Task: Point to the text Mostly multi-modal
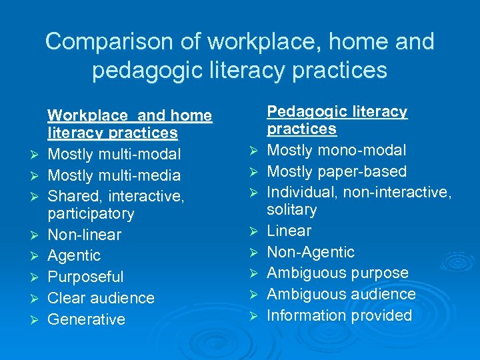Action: [114, 155]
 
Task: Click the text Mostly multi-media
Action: [114, 175]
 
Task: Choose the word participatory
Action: [91, 214]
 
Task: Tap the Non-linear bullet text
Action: [85, 235]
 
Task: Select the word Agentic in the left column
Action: [75, 255]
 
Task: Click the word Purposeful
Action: [86, 277]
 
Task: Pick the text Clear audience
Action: [101, 298]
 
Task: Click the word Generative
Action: [87, 319]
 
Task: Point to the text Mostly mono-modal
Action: [336, 151]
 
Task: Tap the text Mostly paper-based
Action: [337, 171]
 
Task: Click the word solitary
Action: [291, 210]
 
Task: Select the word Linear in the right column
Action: [289, 231]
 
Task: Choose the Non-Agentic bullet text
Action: [311, 252]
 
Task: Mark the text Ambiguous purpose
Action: [337, 273]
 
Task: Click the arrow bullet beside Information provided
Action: [254, 316]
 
